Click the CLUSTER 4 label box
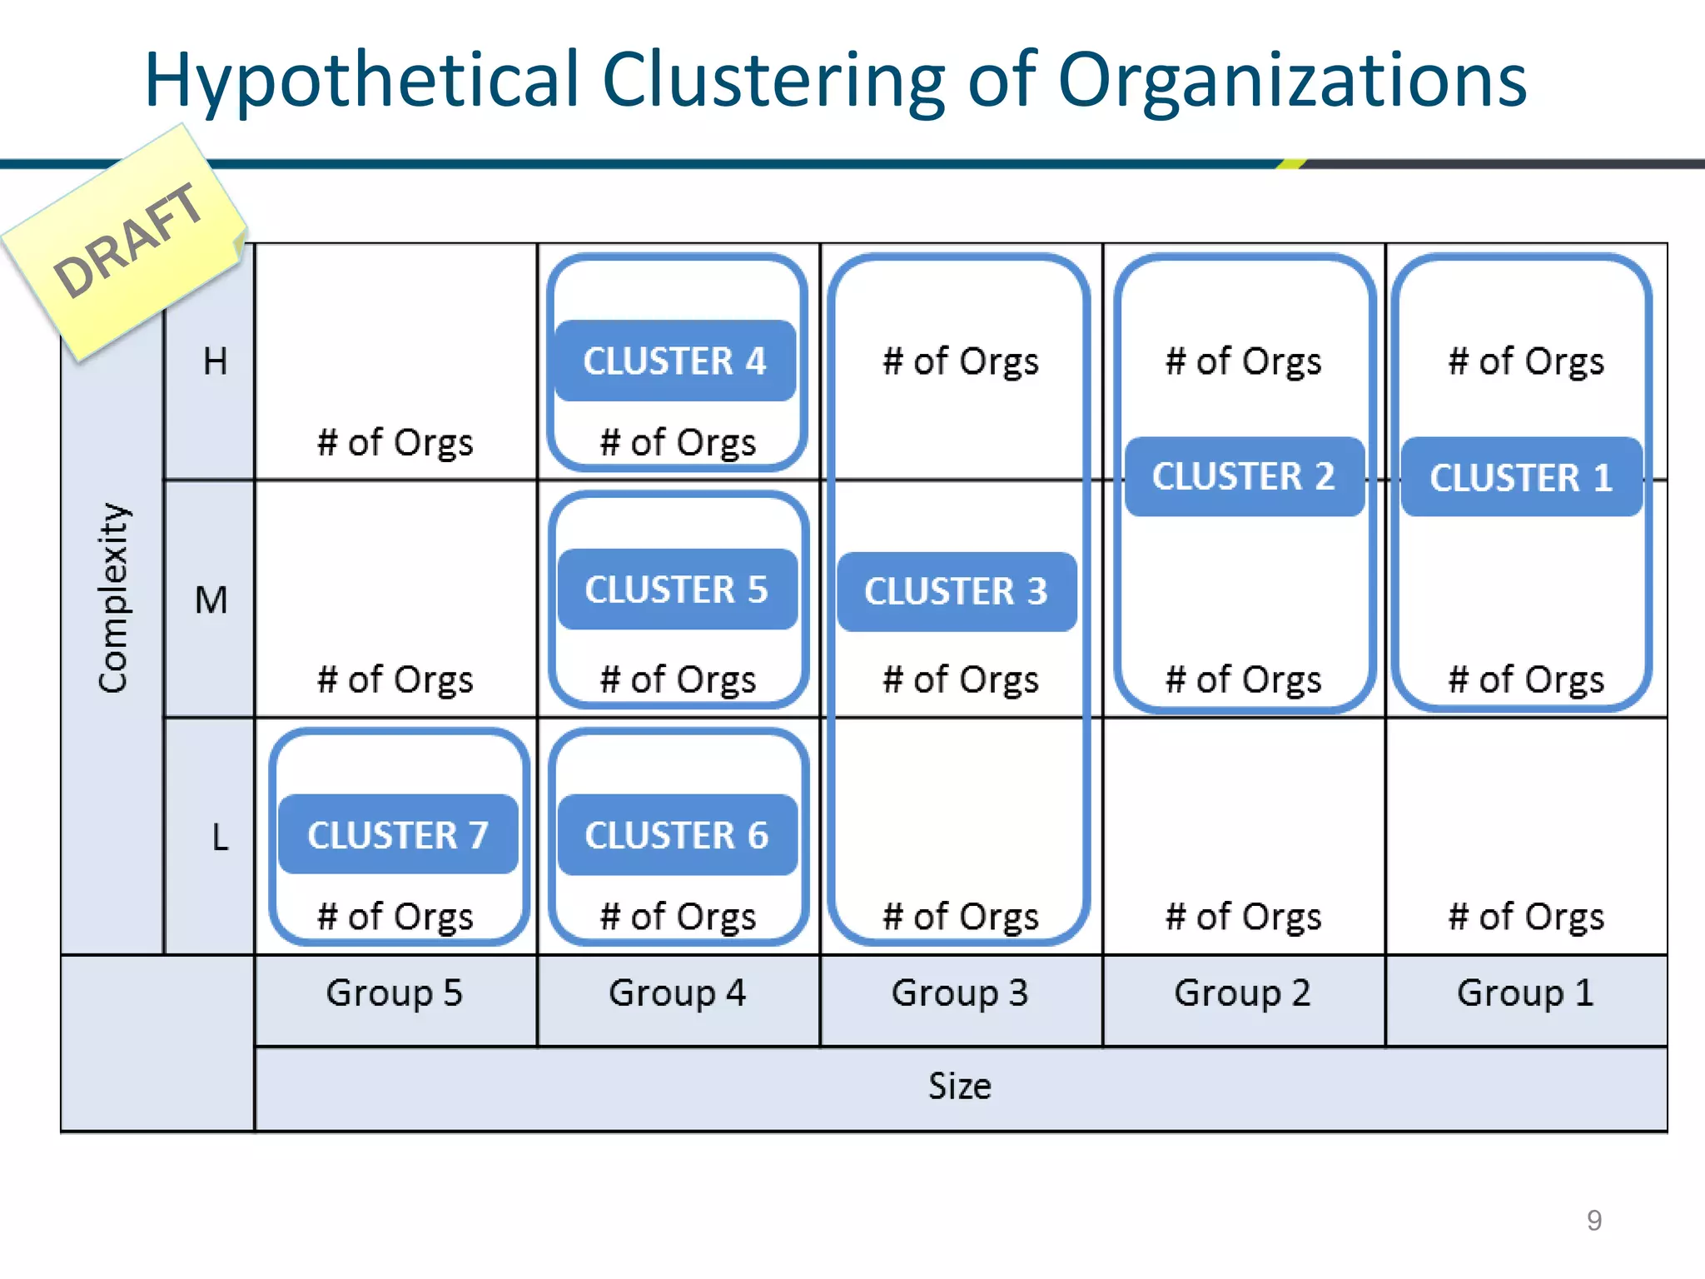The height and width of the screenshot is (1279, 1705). (x=674, y=361)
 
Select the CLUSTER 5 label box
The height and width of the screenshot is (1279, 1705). (x=676, y=590)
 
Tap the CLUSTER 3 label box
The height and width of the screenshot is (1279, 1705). (x=956, y=591)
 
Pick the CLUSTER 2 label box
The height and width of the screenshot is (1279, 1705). (x=1244, y=476)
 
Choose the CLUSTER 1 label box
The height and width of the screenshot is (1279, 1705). (x=1521, y=477)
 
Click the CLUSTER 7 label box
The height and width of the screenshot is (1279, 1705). (x=398, y=834)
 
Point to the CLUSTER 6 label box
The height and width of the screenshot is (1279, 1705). (x=676, y=835)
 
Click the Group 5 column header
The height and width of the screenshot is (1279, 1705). (x=395, y=993)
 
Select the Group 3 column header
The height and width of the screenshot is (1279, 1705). (x=960, y=993)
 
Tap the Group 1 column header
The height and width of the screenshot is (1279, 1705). (x=1525, y=993)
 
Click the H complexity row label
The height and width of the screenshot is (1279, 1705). (x=215, y=361)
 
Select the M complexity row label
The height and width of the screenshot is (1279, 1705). (x=211, y=600)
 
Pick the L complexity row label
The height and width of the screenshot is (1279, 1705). (x=220, y=837)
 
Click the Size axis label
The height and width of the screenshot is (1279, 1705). (x=960, y=1087)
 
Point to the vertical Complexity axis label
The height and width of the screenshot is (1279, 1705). (x=113, y=598)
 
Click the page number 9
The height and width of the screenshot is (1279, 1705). (x=1593, y=1221)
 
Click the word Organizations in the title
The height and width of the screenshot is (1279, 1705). (x=1292, y=82)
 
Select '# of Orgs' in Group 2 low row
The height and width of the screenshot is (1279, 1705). (x=1243, y=917)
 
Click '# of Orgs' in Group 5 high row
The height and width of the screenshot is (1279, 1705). (x=395, y=442)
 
